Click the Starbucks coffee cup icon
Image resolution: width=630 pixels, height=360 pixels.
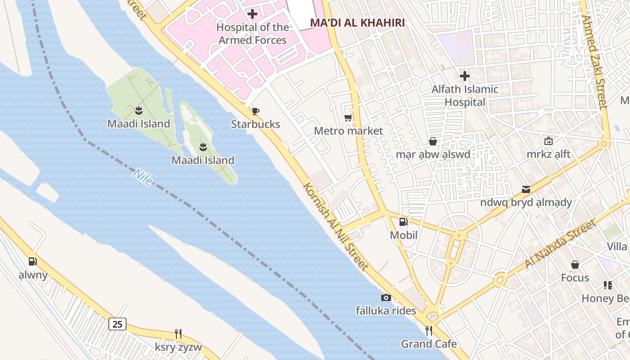click(256, 111)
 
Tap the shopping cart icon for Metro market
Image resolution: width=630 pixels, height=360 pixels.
click(348, 118)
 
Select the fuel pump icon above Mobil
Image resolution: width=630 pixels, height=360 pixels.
click(403, 221)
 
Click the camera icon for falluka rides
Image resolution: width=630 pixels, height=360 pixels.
click(386, 297)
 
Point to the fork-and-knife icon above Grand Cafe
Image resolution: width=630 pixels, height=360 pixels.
click(429, 331)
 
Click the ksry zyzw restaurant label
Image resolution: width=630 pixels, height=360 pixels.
click(178, 347)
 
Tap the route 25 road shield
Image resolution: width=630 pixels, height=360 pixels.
click(117, 324)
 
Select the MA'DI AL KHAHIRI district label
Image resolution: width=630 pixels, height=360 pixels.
click(357, 23)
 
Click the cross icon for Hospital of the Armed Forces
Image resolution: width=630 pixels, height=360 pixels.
click(252, 14)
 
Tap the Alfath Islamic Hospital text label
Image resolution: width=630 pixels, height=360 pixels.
click(465, 96)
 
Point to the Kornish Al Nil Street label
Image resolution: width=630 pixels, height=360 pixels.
click(336, 226)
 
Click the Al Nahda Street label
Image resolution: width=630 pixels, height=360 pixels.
click(560, 243)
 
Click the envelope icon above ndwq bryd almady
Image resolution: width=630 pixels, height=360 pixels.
click(526, 189)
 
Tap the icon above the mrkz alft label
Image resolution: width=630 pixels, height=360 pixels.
click(548, 141)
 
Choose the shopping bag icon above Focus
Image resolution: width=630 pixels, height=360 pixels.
click(575, 265)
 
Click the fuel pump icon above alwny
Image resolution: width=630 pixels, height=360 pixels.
click(33, 261)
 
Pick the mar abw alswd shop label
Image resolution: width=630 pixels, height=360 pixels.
click(432, 154)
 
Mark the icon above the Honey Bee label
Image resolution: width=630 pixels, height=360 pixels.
click(608, 285)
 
